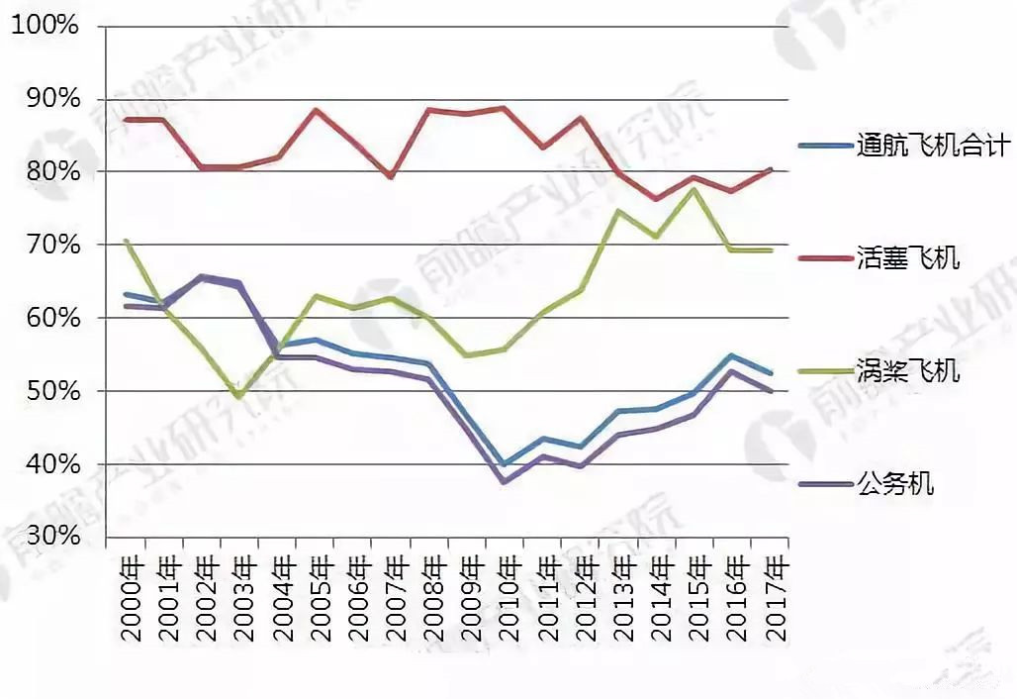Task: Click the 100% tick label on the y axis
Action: click(x=44, y=26)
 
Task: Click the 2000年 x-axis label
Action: click(x=130, y=598)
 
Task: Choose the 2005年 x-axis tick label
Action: click(x=320, y=598)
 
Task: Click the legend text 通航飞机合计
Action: click(x=932, y=147)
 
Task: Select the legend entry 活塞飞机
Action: click(x=908, y=259)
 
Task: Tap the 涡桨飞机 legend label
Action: click(x=908, y=372)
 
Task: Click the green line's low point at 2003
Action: click(x=239, y=396)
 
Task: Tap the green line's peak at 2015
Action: click(x=694, y=189)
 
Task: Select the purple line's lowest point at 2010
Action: click(x=505, y=482)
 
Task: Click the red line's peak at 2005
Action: click(x=315, y=109)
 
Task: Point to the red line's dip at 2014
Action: click(x=657, y=199)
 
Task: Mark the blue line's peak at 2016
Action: click(x=732, y=355)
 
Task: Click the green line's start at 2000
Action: click(x=126, y=241)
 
